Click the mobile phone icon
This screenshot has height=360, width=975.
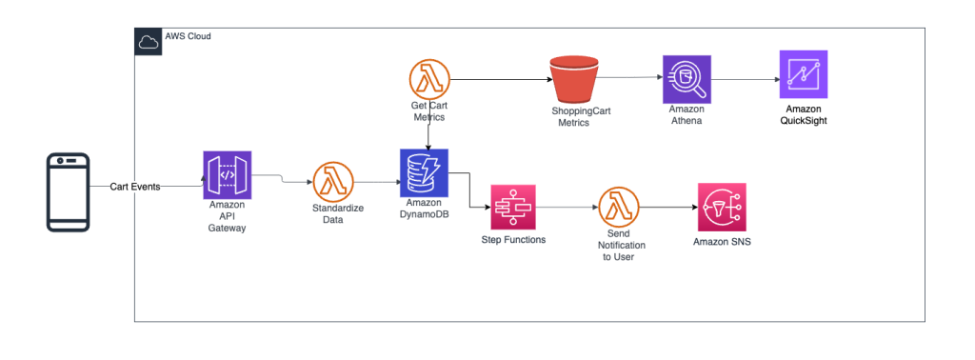click(69, 191)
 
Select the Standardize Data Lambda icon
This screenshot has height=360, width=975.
click(332, 181)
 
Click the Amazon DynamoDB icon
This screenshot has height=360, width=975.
click(424, 172)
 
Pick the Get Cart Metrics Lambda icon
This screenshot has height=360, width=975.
click(428, 78)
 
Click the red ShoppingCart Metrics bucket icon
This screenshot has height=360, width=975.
click(573, 82)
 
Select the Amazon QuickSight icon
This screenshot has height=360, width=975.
click(803, 74)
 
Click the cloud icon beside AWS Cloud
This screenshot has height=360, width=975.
click(149, 41)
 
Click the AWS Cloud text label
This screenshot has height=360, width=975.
click(189, 37)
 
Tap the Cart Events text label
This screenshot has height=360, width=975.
click(134, 187)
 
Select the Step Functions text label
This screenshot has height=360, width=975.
click(513, 240)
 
